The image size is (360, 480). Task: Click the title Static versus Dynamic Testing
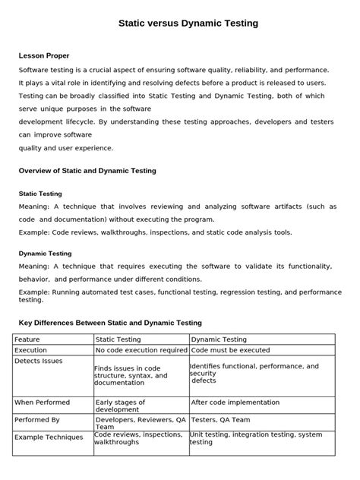point(188,24)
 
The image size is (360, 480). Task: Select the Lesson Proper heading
point(44,55)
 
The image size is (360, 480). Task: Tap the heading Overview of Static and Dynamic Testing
point(87,171)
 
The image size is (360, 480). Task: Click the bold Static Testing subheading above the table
point(39,194)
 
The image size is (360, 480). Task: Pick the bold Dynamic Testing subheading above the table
point(45,253)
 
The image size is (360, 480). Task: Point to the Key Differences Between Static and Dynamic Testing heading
point(109,323)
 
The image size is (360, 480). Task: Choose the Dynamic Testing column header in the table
point(219,339)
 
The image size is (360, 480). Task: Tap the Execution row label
point(31,350)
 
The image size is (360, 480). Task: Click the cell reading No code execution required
point(141,350)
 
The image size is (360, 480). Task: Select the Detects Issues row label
point(39,361)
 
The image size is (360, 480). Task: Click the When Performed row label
point(42,402)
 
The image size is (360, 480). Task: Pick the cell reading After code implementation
point(237,402)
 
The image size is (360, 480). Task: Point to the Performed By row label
point(38,418)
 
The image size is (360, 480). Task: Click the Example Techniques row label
point(49,437)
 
